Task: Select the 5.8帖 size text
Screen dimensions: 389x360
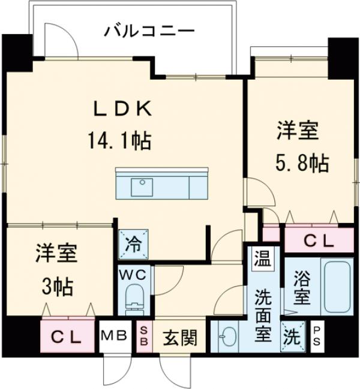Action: point(302,162)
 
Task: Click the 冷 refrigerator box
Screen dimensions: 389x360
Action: point(132,245)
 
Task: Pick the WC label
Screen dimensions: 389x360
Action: point(135,275)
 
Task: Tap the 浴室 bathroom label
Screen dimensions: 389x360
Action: point(302,288)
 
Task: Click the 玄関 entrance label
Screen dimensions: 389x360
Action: point(179,340)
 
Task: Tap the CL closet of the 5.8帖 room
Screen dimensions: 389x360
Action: point(317,241)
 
